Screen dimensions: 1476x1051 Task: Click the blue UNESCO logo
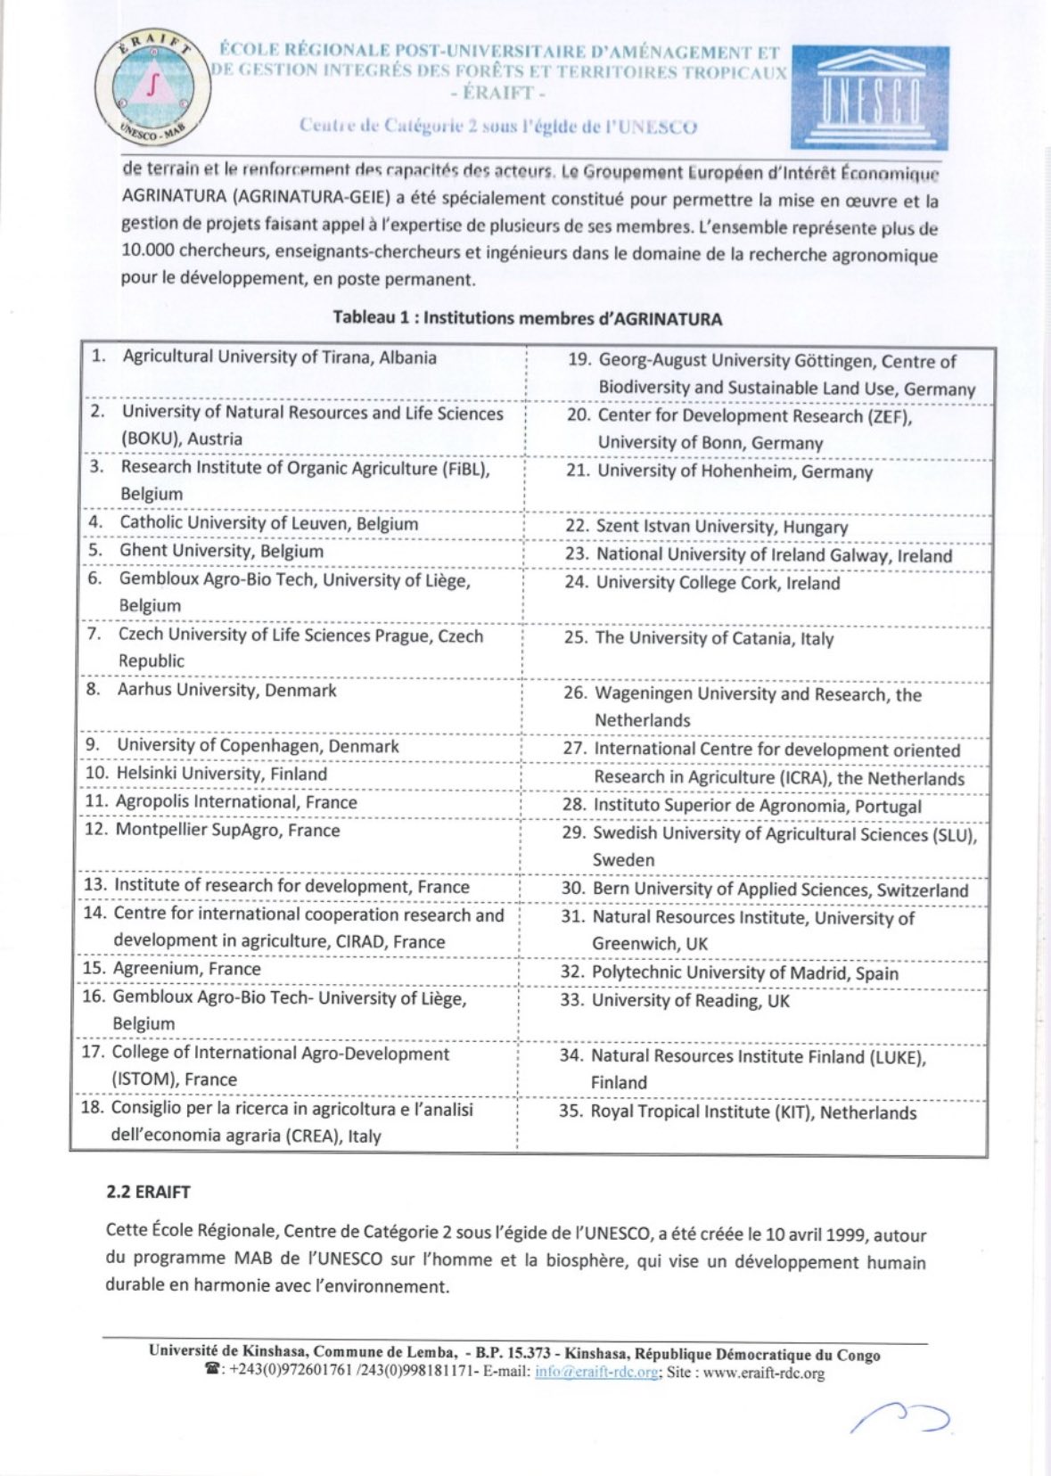(x=869, y=98)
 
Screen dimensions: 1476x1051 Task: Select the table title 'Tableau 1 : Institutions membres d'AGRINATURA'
(x=528, y=318)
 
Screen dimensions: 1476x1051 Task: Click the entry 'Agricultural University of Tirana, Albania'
(x=279, y=357)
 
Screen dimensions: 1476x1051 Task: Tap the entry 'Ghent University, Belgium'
(x=221, y=551)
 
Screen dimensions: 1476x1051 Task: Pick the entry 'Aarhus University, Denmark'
(x=226, y=690)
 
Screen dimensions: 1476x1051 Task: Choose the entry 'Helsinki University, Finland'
(x=221, y=774)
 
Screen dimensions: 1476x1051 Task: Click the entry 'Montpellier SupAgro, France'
(x=227, y=830)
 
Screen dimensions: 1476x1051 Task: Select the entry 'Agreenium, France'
(x=186, y=969)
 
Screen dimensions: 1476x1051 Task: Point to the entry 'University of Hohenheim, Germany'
(x=735, y=471)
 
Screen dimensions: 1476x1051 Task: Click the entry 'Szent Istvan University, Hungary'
(x=721, y=527)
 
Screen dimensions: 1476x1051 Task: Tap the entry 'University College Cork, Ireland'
(x=718, y=583)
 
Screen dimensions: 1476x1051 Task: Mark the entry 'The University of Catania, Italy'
(x=714, y=638)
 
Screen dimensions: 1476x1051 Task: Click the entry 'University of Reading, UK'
(x=690, y=1001)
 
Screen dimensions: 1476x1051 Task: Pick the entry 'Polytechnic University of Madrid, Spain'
(x=744, y=972)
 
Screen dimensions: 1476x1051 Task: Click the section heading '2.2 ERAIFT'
(x=148, y=1192)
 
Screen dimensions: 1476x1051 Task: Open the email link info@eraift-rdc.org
(x=596, y=1373)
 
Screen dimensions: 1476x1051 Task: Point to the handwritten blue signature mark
(x=900, y=1417)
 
